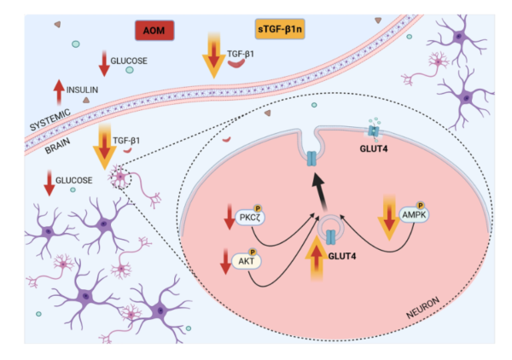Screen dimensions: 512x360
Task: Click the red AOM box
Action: coord(154,31)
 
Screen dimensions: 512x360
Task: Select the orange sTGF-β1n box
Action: coord(280,29)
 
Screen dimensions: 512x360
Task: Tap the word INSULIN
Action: coord(82,90)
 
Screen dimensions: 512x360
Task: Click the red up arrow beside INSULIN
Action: coord(59,92)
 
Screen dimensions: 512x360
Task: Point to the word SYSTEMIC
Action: coord(50,120)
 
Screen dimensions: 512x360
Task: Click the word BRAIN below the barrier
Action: coord(57,146)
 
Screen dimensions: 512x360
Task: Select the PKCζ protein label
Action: coord(250,218)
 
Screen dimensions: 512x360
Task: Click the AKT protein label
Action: coord(247,261)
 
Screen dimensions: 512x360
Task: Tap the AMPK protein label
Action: coord(414,215)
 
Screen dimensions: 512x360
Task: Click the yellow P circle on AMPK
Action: coord(421,206)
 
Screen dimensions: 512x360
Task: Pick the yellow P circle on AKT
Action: coord(253,252)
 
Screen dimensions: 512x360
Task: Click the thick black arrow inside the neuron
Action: coord(319,192)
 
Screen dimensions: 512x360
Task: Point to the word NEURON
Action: coord(423,308)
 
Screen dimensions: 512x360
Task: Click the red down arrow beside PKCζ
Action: coord(230,217)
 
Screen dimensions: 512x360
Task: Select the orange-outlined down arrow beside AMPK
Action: coord(389,218)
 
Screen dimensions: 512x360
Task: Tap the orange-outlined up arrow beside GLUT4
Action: coord(317,258)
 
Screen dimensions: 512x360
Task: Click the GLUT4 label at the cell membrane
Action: coord(374,148)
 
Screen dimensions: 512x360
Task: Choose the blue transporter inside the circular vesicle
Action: coord(331,237)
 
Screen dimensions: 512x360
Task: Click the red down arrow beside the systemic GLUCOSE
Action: coord(104,64)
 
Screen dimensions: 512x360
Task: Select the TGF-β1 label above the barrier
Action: coord(241,54)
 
